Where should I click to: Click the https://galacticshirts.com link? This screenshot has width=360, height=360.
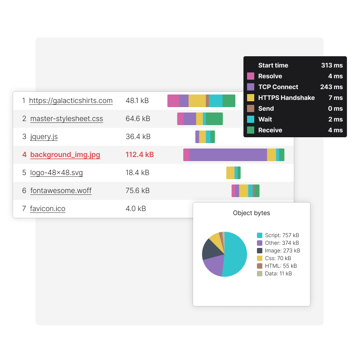[x=71, y=101]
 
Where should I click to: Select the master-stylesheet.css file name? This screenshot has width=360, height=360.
[x=67, y=119]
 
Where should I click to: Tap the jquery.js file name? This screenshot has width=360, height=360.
[x=44, y=137]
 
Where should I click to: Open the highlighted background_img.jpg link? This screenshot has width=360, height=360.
[x=65, y=155]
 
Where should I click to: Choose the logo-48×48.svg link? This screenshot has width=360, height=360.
[x=57, y=173]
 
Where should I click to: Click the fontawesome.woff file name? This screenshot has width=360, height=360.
[x=61, y=191]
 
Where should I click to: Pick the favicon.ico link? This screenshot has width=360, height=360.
[x=48, y=209]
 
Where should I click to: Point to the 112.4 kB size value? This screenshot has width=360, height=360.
[x=139, y=155]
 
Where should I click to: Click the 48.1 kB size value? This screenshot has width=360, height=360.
[x=137, y=101]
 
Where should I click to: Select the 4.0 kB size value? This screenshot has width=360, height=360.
[x=135, y=209]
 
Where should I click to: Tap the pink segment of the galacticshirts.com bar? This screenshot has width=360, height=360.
[x=173, y=101]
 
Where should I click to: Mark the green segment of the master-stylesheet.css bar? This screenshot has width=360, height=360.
[x=214, y=119]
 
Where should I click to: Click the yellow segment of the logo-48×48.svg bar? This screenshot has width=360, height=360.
[x=230, y=173]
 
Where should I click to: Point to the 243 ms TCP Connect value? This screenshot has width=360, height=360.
[x=332, y=87]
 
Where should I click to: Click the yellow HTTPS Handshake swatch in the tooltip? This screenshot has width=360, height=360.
[x=251, y=98]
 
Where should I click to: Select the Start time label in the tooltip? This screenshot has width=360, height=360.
[x=273, y=65]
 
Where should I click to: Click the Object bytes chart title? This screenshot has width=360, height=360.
[x=252, y=213]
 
